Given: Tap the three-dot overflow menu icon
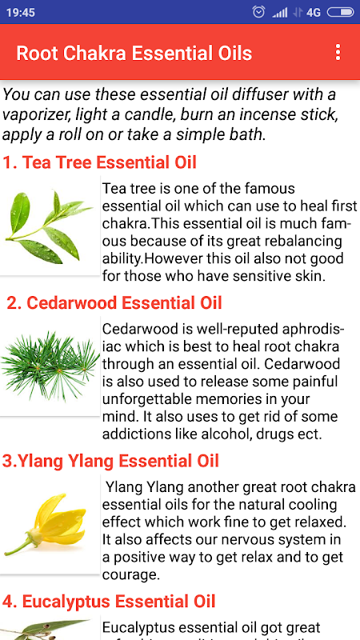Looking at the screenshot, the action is [x=338, y=53].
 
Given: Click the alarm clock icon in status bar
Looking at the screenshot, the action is [x=258, y=12].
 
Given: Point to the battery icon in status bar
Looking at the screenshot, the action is [x=341, y=12].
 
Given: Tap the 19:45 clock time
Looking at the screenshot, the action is [x=21, y=13].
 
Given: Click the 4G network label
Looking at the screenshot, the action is [x=314, y=13].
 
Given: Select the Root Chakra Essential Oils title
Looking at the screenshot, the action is [x=134, y=53].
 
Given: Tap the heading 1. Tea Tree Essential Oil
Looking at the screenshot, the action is [x=99, y=162].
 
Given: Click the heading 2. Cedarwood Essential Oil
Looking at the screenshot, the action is [x=114, y=303].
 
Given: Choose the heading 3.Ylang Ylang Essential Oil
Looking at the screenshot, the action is [x=110, y=461].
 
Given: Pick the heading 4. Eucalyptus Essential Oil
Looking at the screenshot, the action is [x=109, y=602].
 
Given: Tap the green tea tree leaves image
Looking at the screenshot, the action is [x=50, y=226].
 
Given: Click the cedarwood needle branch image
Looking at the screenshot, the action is [x=50, y=366].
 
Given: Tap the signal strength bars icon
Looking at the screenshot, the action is [x=279, y=13].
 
